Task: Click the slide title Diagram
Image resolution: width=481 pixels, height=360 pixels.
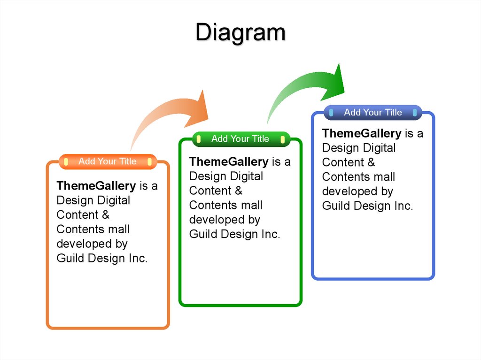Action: click(x=240, y=32)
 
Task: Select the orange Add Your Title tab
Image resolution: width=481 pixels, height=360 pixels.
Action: click(x=108, y=161)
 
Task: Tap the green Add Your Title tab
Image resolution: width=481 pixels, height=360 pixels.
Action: click(x=241, y=139)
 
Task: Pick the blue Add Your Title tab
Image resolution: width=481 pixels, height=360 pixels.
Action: click(x=373, y=112)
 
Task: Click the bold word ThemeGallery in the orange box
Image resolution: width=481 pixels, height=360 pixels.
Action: click(x=96, y=186)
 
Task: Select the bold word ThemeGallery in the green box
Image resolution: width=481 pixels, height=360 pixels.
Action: click(x=229, y=161)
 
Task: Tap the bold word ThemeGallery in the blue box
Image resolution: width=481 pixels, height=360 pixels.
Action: click(x=362, y=133)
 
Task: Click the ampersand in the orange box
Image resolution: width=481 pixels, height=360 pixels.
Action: click(x=106, y=214)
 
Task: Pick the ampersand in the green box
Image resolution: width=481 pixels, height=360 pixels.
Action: click(x=239, y=191)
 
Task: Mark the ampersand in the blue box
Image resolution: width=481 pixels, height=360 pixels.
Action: click(x=372, y=162)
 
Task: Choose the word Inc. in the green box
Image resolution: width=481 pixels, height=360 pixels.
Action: click(x=271, y=234)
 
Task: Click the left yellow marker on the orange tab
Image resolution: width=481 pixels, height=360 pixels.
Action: click(x=66, y=161)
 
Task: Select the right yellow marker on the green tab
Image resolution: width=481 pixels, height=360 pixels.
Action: click(x=282, y=139)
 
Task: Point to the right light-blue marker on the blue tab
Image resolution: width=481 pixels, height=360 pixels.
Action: click(x=415, y=113)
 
